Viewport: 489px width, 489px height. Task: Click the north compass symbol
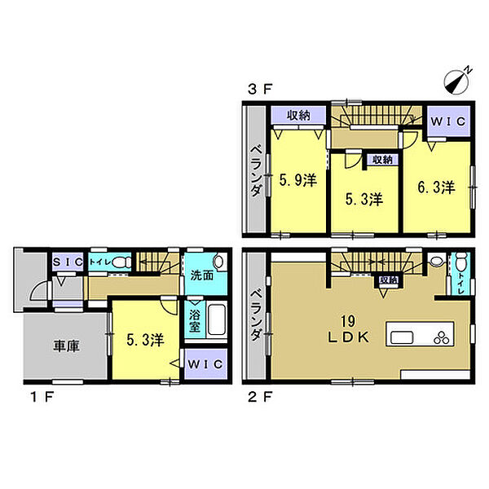[x=457, y=81]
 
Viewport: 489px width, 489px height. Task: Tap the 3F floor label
[x=260, y=89]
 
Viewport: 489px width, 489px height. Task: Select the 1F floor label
[x=42, y=397]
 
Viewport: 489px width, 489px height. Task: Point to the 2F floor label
[x=260, y=397]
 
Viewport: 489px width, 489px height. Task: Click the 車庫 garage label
[x=67, y=346]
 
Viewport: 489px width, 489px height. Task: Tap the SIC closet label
[x=68, y=262]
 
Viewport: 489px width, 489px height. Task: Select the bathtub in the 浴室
[x=217, y=320]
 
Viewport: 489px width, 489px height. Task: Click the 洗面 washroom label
[x=202, y=275]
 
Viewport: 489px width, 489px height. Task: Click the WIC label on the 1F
[x=205, y=364]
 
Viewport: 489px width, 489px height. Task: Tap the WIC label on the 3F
[x=448, y=121]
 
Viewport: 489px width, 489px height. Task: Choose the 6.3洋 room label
[x=436, y=187]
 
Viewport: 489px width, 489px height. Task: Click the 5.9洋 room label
[x=297, y=180]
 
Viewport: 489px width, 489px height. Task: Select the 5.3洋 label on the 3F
[x=364, y=200]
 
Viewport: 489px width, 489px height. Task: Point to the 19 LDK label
[x=348, y=329]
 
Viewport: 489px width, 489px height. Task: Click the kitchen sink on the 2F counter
[x=402, y=337]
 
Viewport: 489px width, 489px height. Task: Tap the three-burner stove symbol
[x=442, y=337]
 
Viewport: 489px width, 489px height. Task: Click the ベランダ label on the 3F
[x=257, y=170]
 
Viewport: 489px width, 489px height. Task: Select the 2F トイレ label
[x=460, y=283]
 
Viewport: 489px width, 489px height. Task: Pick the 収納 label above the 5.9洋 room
[x=298, y=116]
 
